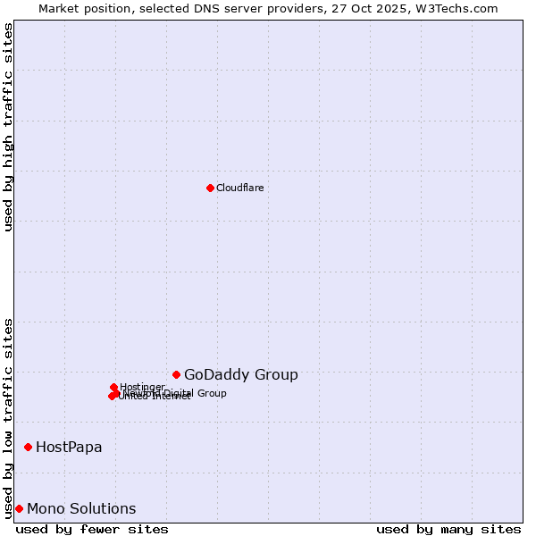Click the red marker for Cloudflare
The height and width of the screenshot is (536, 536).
click(x=210, y=188)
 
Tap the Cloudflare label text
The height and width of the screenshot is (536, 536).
click(x=239, y=188)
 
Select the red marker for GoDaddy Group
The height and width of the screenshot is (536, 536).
click(x=177, y=374)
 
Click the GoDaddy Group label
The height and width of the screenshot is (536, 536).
click(x=240, y=375)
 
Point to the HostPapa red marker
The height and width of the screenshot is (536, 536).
click(x=29, y=447)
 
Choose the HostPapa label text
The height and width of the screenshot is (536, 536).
click(x=69, y=447)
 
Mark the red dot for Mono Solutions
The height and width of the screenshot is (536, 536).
click(x=19, y=508)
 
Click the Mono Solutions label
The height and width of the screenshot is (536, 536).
click(x=81, y=509)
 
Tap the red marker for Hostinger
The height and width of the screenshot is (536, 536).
click(x=114, y=387)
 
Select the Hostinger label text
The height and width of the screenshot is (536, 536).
click(x=142, y=387)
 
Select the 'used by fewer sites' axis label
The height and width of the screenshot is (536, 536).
click(x=92, y=529)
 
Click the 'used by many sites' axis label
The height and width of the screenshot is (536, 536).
click(x=448, y=529)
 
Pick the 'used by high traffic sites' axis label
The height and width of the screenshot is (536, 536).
click(x=8, y=127)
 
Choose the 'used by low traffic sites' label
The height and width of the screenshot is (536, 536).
click(x=8, y=417)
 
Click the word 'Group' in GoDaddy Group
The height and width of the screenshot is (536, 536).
click(x=278, y=375)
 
